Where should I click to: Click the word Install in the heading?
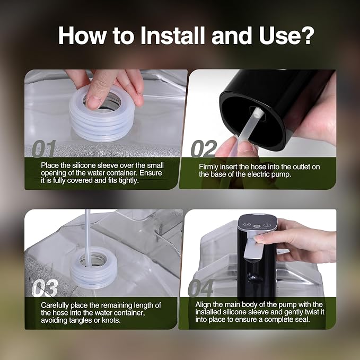pos(172,36)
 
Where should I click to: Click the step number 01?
pos(44,149)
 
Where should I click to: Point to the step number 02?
pos(204,149)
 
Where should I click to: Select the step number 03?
pos(45,288)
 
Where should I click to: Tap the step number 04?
pos(201,288)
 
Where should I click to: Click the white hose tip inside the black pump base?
pos(257,112)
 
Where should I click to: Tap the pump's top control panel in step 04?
pos(257,223)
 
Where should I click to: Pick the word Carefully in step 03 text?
pos(55,305)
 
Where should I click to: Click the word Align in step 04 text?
pos(203,305)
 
